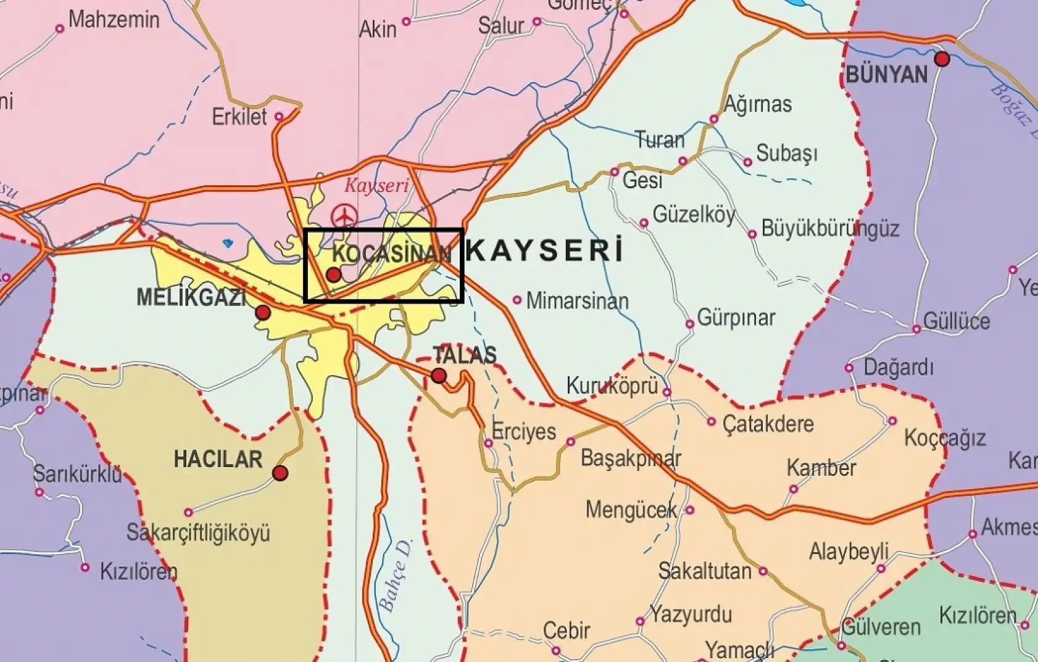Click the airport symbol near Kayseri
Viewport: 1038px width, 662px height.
(x=344, y=216)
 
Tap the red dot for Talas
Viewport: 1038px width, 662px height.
(x=439, y=375)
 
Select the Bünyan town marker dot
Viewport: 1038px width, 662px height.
(x=942, y=59)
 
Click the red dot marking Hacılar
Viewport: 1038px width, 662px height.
(x=280, y=473)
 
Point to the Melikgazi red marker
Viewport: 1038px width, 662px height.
(x=263, y=313)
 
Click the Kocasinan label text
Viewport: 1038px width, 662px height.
(x=392, y=253)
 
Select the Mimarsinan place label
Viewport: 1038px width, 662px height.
(x=577, y=301)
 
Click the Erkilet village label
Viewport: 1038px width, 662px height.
(x=239, y=117)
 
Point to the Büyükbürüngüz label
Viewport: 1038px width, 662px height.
(x=830, y=229)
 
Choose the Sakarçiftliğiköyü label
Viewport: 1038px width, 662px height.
(x=198, y=532)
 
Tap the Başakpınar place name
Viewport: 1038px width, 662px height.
(x=631, y=458)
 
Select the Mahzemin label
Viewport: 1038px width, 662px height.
(x=114, y=20)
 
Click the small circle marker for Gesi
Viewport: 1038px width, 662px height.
(x=615, y=172)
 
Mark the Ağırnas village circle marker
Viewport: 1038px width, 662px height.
(x=714, y=118)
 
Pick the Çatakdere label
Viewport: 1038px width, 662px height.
(x=768, y=424)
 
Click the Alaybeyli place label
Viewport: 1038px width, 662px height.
(x=849, y=551)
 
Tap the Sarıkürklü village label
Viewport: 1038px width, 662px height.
(x=78, y=474)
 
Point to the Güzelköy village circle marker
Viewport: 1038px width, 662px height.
(x=644, y=223)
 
